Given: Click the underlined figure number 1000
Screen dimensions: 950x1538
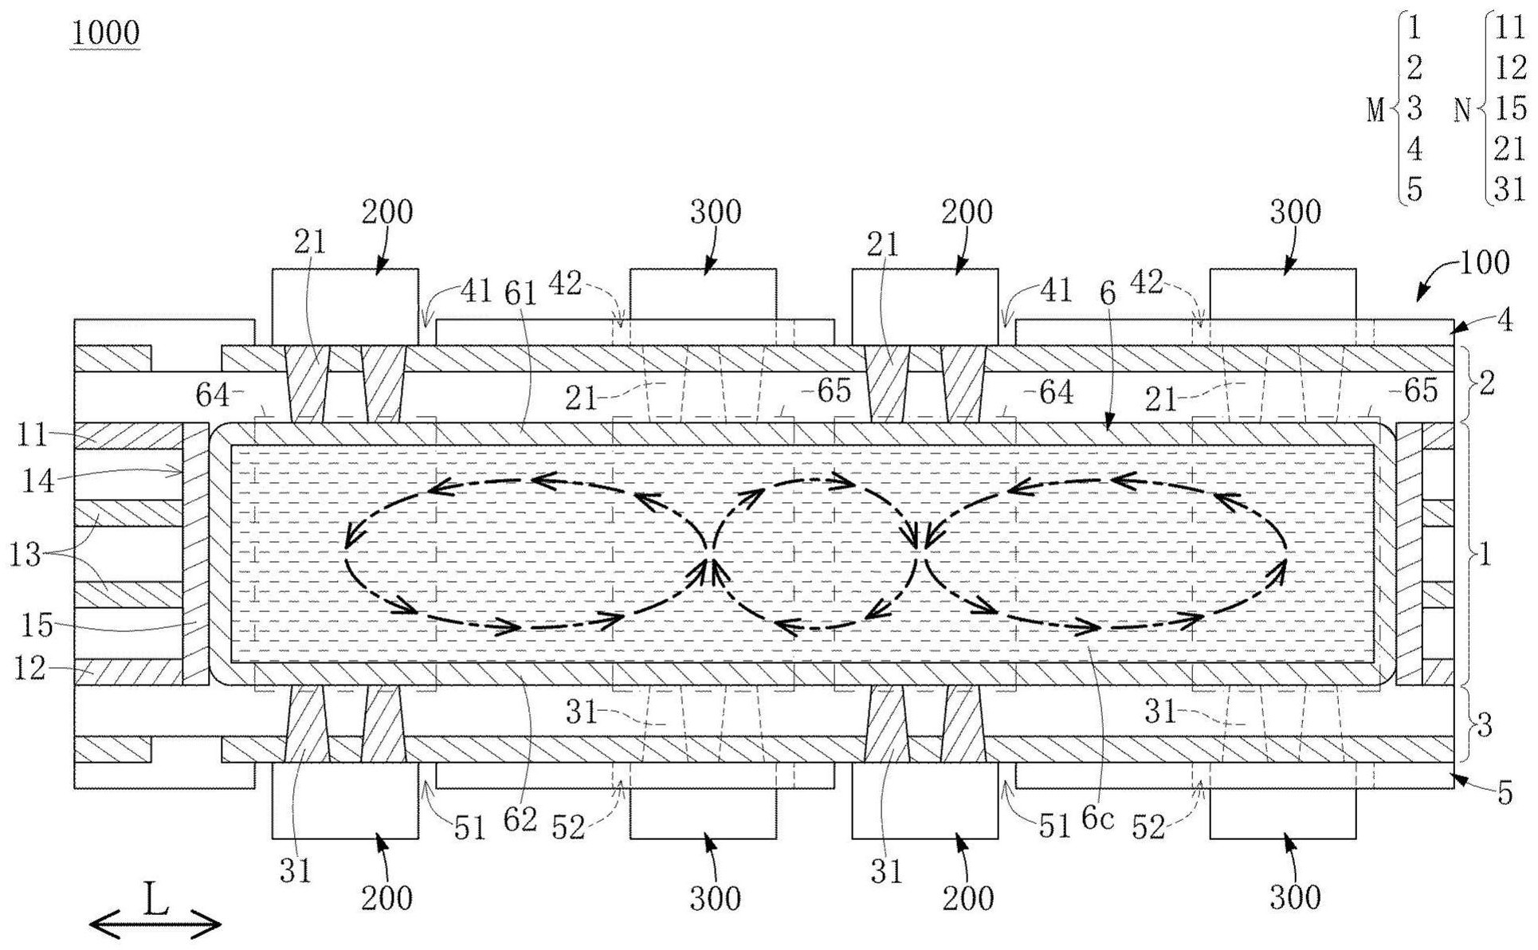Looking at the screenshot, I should click(x=105, y=33).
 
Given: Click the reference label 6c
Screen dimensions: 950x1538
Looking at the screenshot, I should click(x=1097, y=819).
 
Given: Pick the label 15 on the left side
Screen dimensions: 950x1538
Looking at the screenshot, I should click(x=37, y=626).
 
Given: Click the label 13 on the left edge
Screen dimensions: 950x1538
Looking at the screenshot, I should click(x=25, y=554).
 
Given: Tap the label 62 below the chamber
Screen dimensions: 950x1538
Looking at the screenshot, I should click(x=520, y=819).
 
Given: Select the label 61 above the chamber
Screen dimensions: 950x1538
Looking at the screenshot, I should click(x=522, y=293).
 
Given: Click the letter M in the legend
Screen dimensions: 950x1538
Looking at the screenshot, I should click(x=1376, y=111).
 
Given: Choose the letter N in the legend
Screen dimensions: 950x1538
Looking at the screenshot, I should click(x=1462, y=111).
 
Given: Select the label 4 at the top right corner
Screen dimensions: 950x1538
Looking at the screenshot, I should click(x=1505, y=320).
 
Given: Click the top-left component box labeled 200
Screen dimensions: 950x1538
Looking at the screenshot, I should click(x=345, y=307).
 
